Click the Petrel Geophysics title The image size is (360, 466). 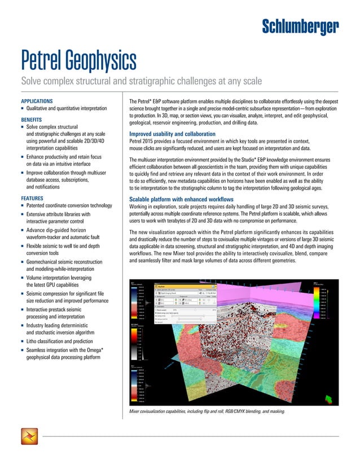[x=78, y=58]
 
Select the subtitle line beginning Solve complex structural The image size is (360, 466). [x=141, y=81]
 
